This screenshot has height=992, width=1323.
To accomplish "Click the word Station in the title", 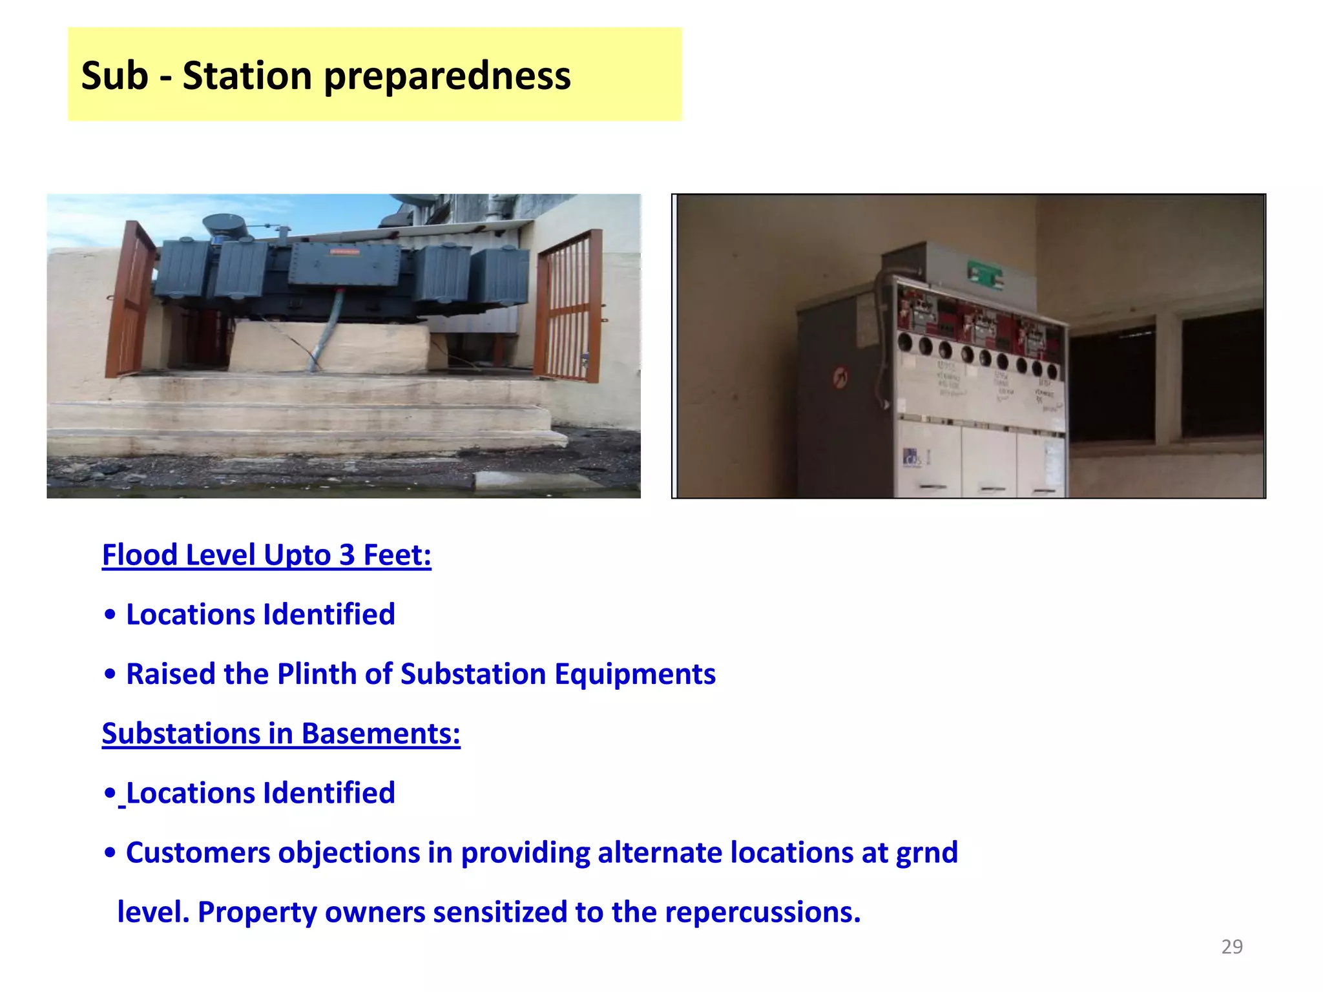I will [x=247, y=76].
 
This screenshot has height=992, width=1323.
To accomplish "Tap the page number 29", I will [x=1231, y=947].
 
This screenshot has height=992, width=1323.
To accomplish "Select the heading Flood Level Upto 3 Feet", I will [x=266, y=555].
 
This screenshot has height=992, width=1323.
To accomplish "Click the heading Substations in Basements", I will [x=281, y=734].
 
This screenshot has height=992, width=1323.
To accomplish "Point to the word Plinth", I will [x=317, y=674].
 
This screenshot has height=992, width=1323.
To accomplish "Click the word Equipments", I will [x=635, y=674].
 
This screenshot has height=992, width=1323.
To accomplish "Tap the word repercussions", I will [x=762, y=912].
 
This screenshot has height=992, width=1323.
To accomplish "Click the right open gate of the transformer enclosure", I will [x=568, y=307].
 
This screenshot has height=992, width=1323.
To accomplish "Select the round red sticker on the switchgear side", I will [x=840, y=377].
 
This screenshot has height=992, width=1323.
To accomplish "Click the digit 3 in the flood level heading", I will [x=347, y=555].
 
